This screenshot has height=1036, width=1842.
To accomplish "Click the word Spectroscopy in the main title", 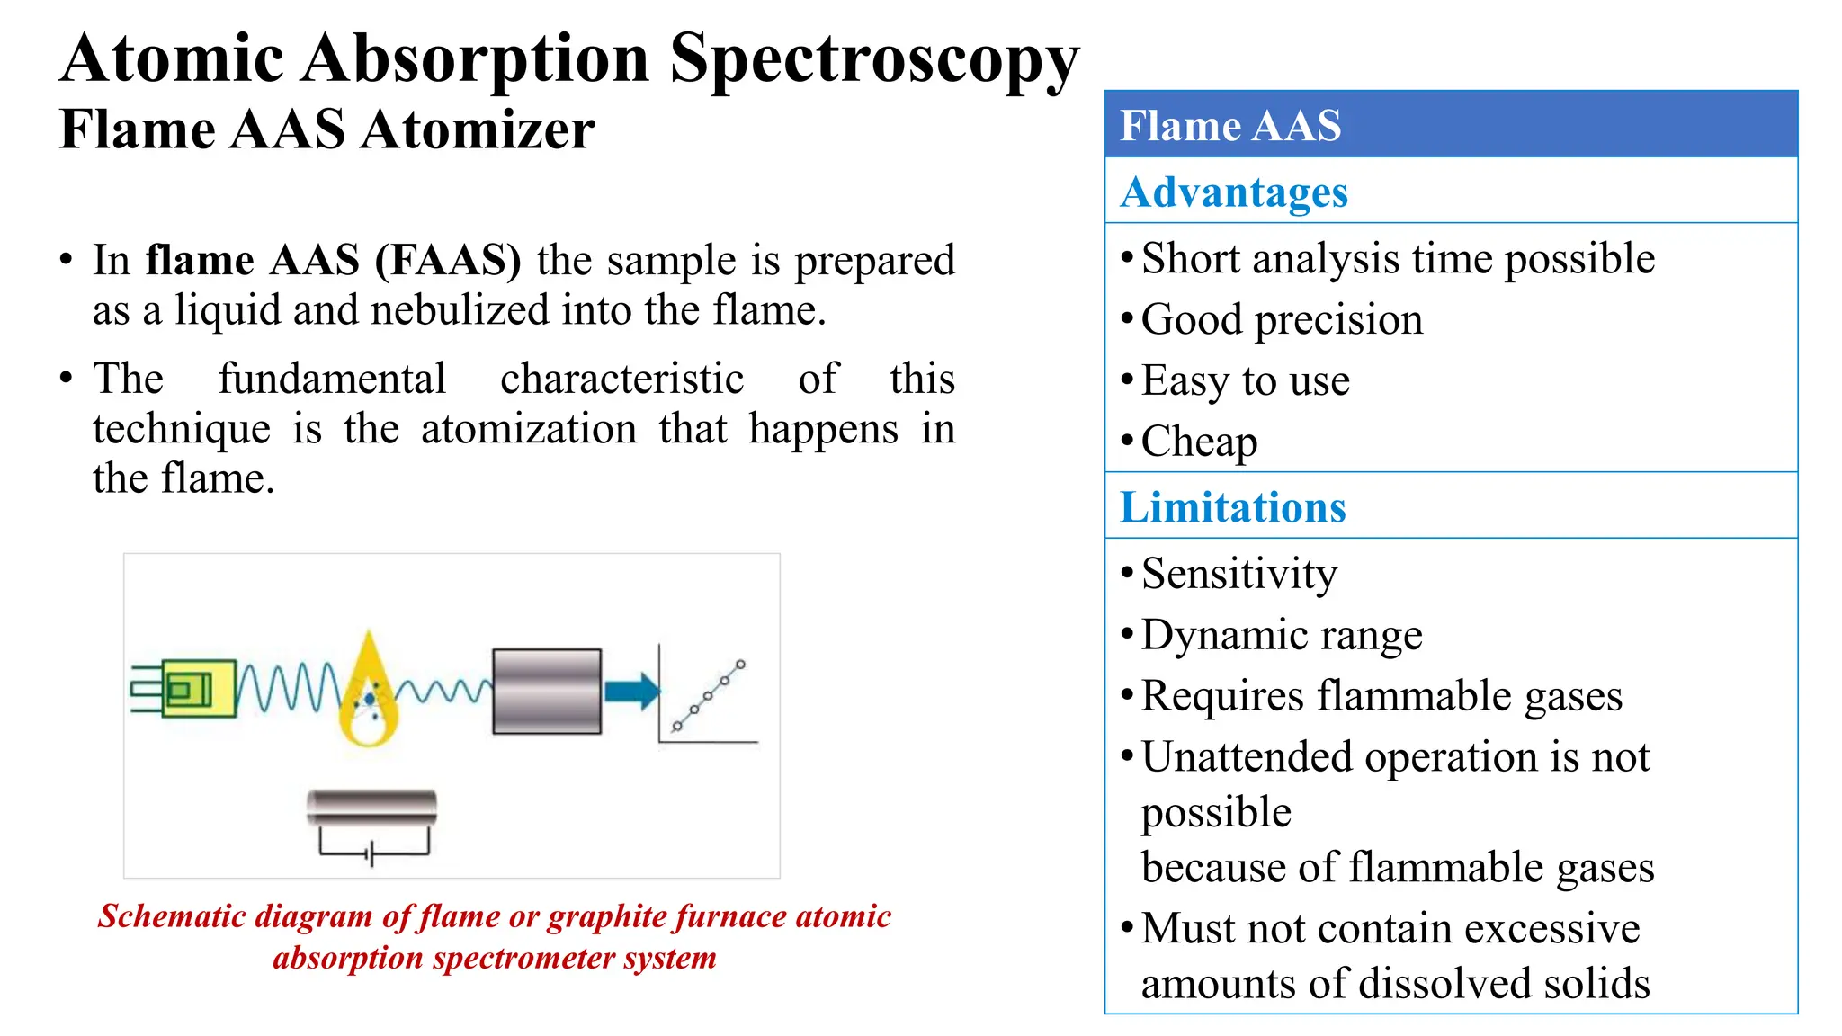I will point(873,59).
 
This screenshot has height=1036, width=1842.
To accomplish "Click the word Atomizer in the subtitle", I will point(478,129).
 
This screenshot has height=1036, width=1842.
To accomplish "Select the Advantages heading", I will point(1233,192).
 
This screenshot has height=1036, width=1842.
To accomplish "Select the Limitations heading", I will point(1232,506).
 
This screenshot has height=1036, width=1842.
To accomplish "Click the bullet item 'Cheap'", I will point(1198,442).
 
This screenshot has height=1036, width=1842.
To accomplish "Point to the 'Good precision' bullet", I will point(1282,319).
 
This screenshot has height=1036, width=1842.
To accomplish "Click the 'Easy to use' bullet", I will point(1245,380).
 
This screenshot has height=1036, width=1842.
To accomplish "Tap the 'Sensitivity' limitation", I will point(1238,574).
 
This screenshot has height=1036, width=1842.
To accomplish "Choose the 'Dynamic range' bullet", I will point(1281,635).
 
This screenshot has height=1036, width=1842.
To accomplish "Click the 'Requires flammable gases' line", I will point(1381,696).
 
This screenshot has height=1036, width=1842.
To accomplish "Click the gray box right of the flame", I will point(547,691).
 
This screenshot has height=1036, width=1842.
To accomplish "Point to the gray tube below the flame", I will point(371,807).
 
